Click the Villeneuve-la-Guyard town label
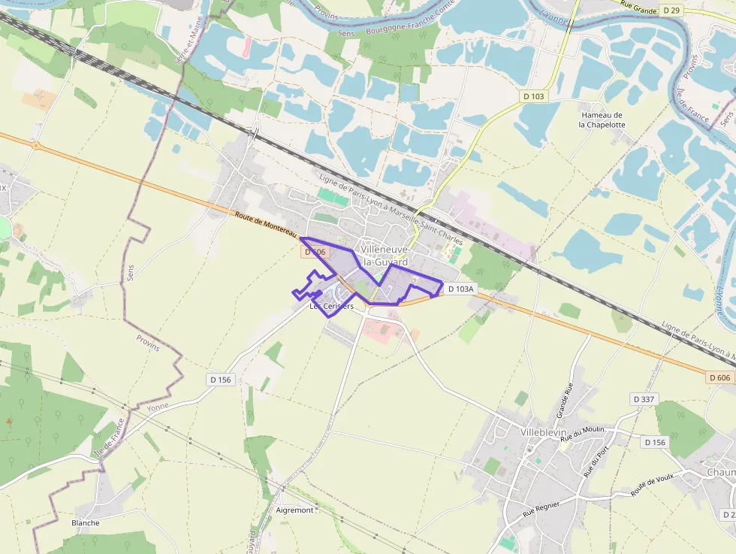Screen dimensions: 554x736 pos(384,256)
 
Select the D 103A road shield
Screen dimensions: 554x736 pos(460,289)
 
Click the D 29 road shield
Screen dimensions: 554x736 pos(671,10)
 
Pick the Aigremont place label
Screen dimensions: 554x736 pos(294,510)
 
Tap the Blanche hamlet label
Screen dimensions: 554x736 pos(85,522)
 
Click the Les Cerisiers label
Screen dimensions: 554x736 pos(331,306)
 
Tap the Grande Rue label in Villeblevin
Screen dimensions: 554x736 pos(565,401)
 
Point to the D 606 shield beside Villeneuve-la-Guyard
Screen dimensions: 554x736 pos(317,253)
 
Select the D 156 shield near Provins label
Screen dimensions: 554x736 pos(221,380)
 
